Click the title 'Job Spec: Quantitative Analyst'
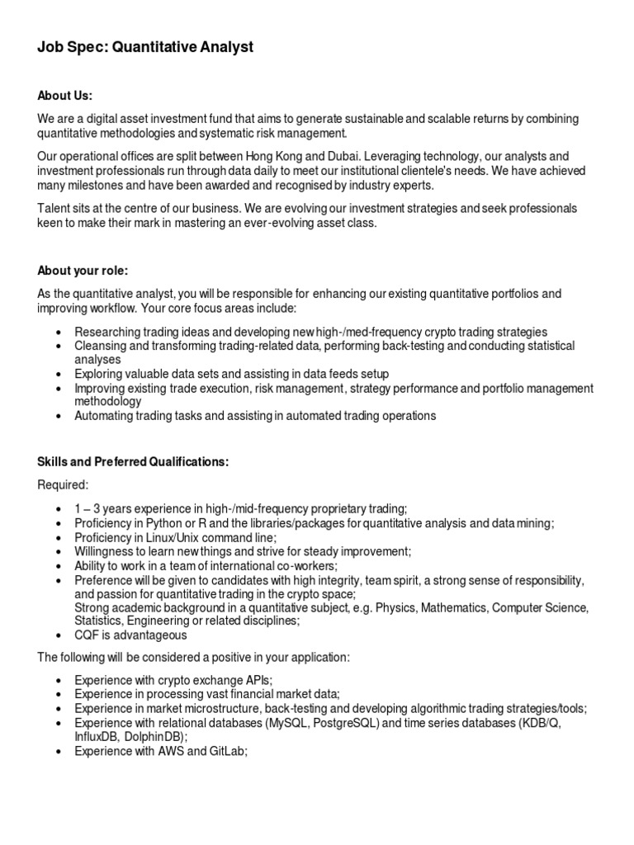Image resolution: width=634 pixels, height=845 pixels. tap(145, 48)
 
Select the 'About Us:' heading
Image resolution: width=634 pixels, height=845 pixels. tap(65, 96)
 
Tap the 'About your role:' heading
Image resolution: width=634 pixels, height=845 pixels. tap(83, 271)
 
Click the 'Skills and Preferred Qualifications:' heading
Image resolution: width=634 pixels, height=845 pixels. tap(133, 462)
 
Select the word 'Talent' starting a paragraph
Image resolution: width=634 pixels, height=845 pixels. tap(54, 208)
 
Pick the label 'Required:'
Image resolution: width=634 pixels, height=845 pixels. tap(63, 485)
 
